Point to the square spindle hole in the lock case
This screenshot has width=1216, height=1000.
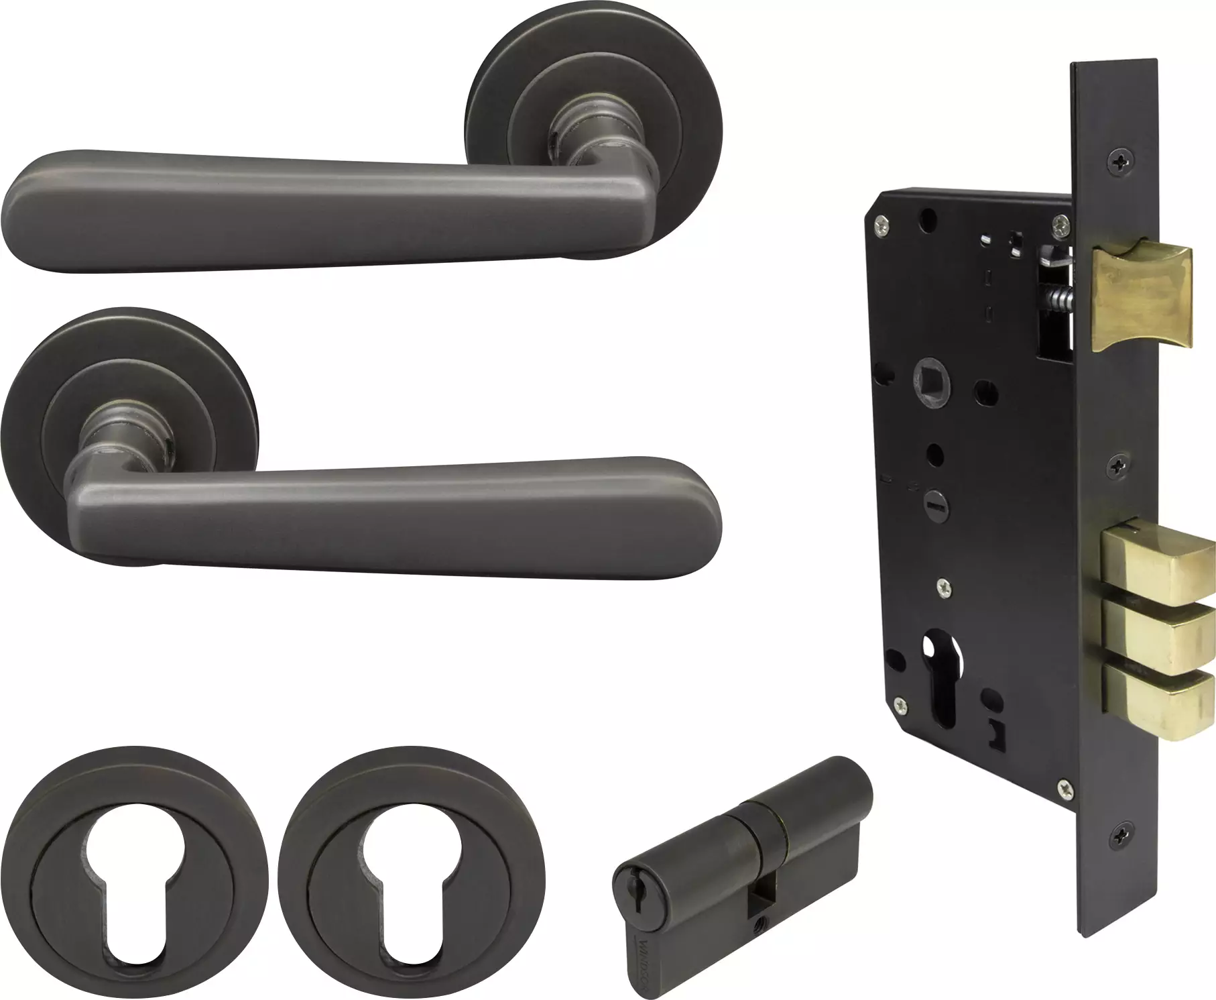pos(928,389)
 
